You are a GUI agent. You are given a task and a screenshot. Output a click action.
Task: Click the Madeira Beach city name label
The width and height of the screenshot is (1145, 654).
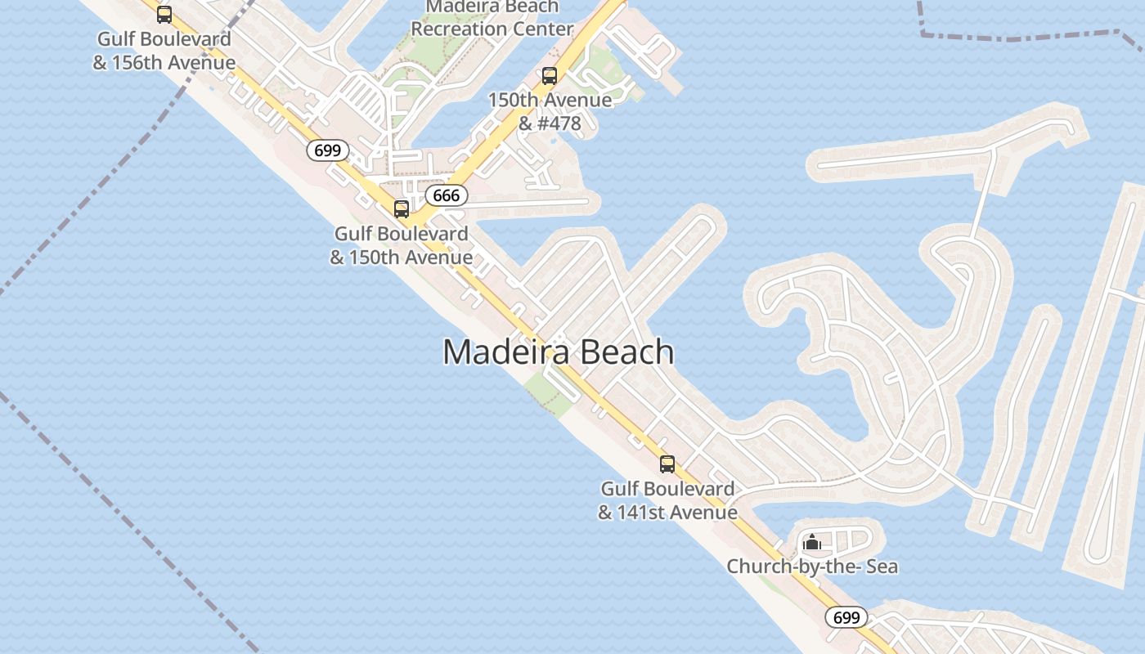coord(559,352)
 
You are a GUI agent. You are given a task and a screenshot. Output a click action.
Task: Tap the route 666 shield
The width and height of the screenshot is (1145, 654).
coord(447,195)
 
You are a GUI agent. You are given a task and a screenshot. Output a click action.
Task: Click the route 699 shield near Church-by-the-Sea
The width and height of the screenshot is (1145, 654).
coord(846,617)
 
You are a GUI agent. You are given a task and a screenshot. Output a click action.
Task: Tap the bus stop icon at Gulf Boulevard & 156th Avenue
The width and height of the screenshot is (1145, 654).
coord(164,14)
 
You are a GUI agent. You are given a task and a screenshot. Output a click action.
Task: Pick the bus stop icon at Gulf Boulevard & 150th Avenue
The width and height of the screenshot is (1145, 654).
coord(401,208)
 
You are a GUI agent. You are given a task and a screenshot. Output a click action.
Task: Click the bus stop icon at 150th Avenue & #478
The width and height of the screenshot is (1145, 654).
coord(550,76)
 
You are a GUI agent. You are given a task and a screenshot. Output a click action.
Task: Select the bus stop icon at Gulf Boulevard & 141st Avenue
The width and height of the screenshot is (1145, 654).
coord(667,464)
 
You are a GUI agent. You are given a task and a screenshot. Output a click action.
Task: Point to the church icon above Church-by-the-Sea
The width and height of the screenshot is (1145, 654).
coord(812,543)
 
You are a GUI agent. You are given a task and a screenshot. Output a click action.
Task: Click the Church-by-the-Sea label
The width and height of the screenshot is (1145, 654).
coord(812,566)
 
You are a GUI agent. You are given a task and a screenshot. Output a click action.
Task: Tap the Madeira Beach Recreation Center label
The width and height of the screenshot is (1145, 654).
coord(492,18)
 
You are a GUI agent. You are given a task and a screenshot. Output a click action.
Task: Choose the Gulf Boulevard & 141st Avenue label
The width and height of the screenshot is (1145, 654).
coord(667,500)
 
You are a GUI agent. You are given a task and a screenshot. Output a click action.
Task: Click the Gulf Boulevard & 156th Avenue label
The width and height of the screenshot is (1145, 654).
coord(164,51)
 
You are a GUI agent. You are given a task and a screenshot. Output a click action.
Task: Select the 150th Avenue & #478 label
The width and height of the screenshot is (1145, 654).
coord(550,111)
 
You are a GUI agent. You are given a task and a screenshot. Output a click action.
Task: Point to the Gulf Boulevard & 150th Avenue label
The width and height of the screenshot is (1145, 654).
coord(401,245)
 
